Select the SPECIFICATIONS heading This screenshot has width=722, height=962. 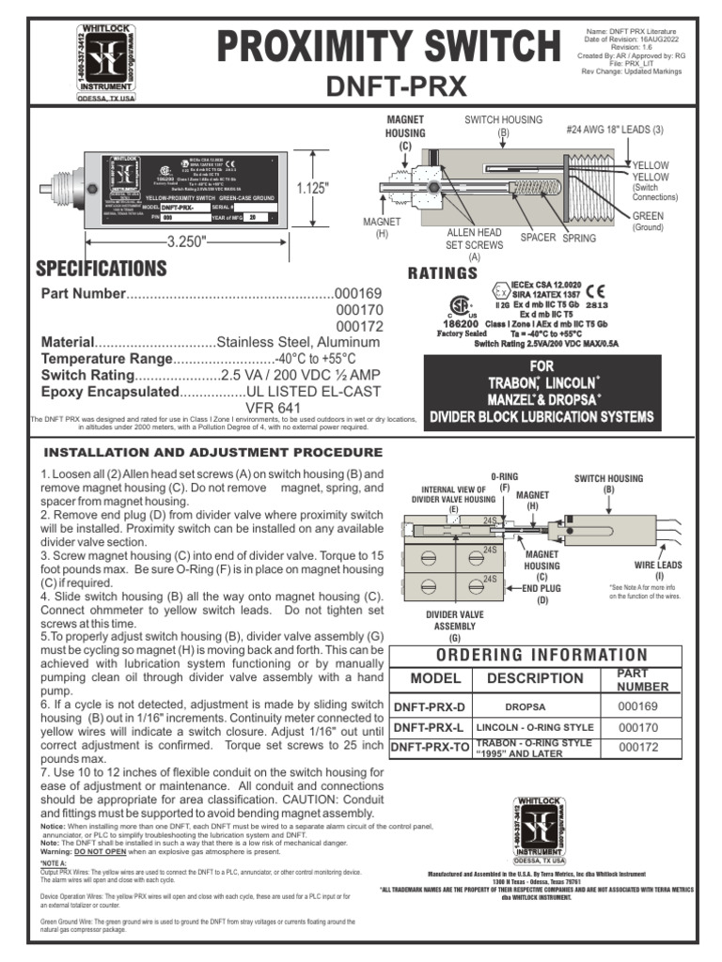[x=101, y=269]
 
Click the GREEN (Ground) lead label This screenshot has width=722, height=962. [x=647, y=221]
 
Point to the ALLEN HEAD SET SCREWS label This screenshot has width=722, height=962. [x=474, y=244]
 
